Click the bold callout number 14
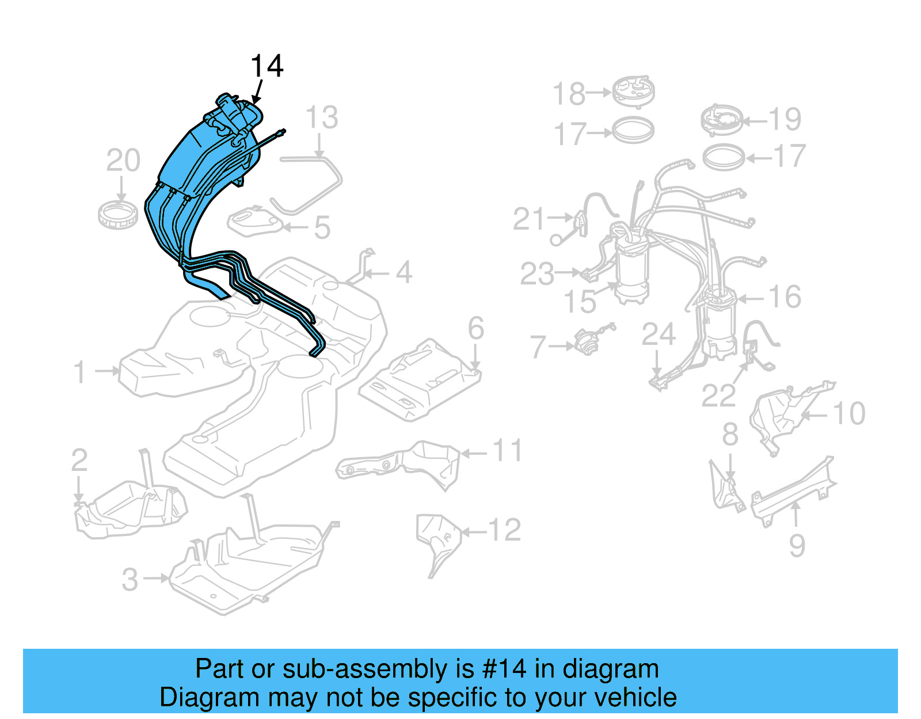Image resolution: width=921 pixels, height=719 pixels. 267,66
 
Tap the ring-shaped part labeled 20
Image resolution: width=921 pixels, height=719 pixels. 117,214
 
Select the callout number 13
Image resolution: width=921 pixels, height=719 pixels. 321,118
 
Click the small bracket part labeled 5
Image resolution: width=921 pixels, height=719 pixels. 254,222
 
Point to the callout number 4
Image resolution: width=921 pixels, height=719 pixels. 404,272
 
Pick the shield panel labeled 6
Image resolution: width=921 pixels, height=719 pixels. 420,380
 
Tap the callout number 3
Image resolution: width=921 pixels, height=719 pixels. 130,580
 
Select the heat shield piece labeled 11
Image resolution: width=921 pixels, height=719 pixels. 403,463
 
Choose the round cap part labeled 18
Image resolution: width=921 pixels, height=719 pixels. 633,91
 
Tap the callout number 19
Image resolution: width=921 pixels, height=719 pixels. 785,119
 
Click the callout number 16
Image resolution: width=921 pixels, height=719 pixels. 785,297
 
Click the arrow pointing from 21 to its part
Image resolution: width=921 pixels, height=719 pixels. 560,218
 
